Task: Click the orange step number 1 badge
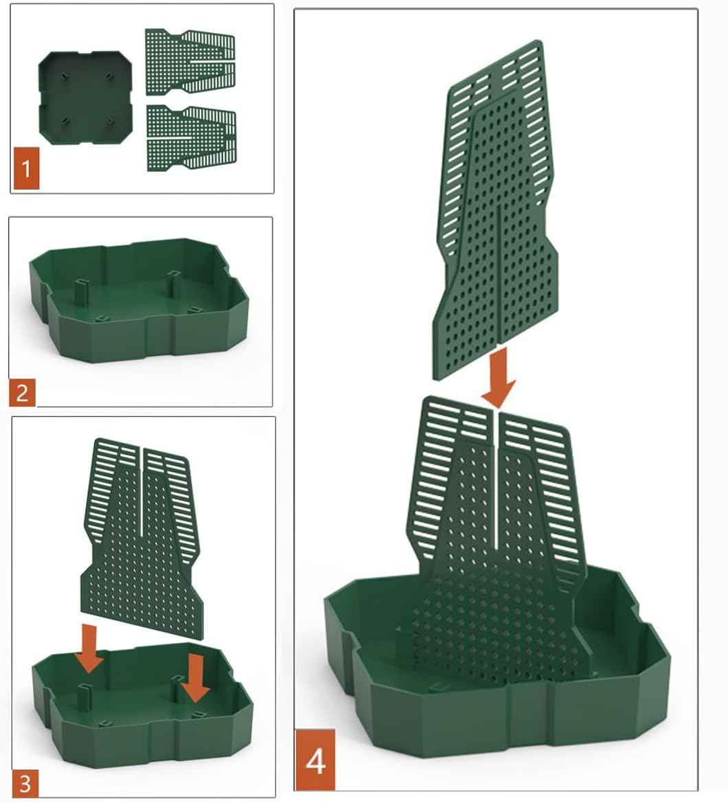(26, 168)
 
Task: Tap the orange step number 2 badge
(22, 393)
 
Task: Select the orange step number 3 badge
(24, 782)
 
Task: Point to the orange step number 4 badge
(315, 760)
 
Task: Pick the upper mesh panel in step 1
(190, 62)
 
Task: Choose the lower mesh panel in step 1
(190, 137)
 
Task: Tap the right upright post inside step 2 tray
(173, 284)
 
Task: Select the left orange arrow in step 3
(89, 648)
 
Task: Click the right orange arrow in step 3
(196, 677)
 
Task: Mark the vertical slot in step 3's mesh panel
(141, 491)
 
